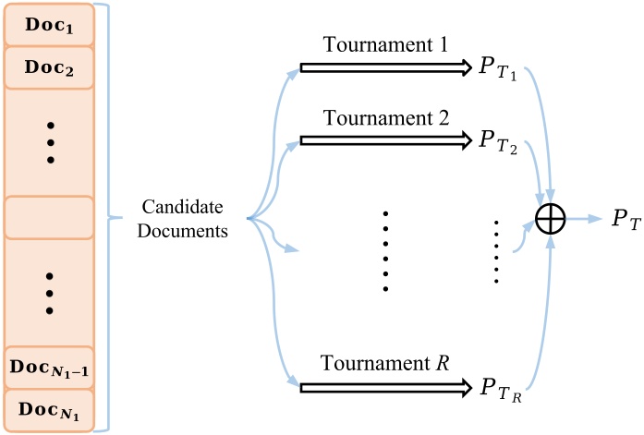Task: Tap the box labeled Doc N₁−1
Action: click(50, 366)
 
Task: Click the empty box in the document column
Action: click(50, 218)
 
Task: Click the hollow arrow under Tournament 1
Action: click(385, 67)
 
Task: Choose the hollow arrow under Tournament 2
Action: click(385, 140)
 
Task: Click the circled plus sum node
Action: click(550, 219)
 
